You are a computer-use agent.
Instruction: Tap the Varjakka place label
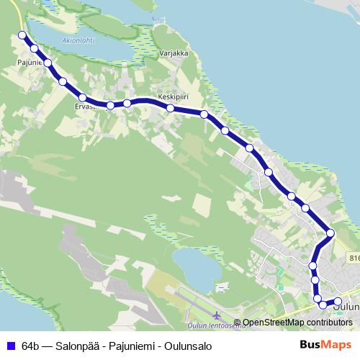pos(174,53)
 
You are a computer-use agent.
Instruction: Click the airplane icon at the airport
pos(217,315)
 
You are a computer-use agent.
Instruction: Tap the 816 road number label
pos(354,257)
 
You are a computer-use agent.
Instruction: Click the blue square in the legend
pos(10,345)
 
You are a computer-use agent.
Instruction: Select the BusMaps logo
pos(327,344)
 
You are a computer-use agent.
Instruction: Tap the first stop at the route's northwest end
pos(22,35)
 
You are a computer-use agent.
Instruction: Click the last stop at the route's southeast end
pos(338,301)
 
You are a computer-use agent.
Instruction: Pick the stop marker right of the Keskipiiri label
pos(204,114)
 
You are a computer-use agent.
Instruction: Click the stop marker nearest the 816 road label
pos(330,233)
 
